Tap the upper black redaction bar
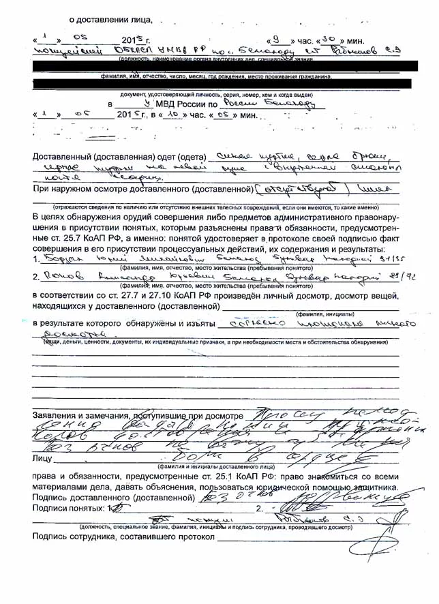218,67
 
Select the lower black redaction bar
218,83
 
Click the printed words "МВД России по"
187,104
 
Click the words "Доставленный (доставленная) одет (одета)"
119,157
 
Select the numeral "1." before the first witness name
37,260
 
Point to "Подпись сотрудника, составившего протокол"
123,537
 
